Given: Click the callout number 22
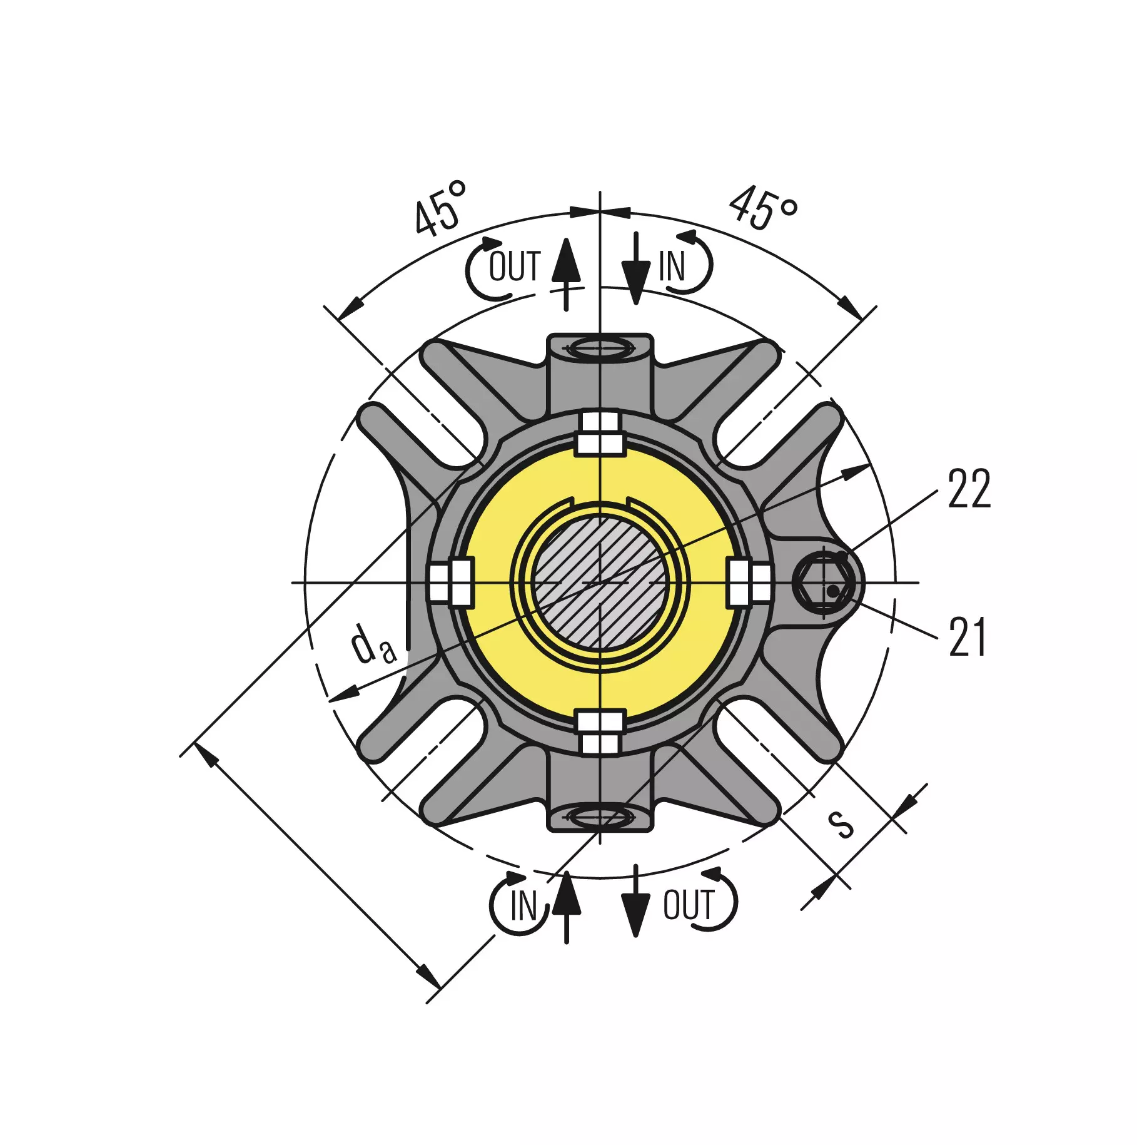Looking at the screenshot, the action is (x=969, y=489).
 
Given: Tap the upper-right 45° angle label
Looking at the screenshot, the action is (x=763, y=208).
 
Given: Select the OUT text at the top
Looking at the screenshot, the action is (x=514, y=267).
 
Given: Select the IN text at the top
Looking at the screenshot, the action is (x=672, y=267).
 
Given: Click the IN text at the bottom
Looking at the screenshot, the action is (x=523, y=905).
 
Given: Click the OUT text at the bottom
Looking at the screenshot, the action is (x=689, y=905).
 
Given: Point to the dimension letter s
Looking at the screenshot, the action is (x=840, y=823).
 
